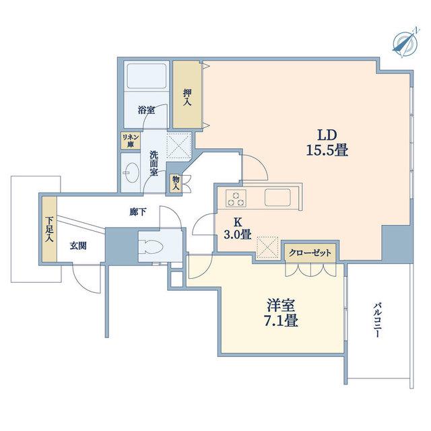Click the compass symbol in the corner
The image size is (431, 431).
(x=405, y=43)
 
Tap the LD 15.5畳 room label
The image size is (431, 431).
(x=327, y=143)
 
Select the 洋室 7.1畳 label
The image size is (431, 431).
(x=281, y=312)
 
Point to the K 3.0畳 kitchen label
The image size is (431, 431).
(x=237, y=228)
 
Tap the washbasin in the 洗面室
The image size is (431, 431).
(x=131, y=172)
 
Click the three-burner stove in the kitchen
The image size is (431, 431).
(x=236, y=198)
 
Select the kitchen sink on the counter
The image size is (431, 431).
(x=277, y=197)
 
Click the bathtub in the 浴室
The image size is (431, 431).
(x=147, y=76)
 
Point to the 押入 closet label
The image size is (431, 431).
(x=187, y=98)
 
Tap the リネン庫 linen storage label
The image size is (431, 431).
(x=131, y=141)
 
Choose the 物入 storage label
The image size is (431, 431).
(x=176, y=183)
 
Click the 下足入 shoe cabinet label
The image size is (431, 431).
(x=49, y=230)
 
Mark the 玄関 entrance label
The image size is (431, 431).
(x=78, y=246)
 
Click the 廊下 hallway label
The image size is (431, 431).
(x=137, y=212)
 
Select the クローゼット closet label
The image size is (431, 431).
(x=310, y=253)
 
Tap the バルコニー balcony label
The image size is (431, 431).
(x=378, y=321)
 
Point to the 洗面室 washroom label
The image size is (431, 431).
(x=154, y=163)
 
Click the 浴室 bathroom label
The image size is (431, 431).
(x=146, y=110)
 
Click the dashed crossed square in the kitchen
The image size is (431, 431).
(x=267, y=247)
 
